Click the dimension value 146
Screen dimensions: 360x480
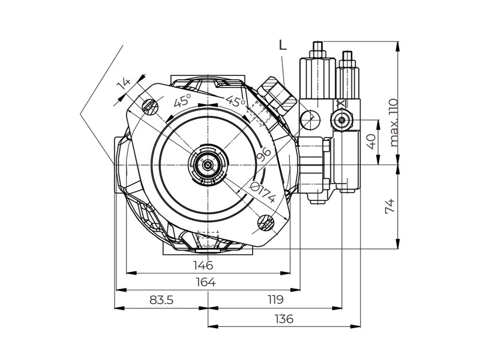[203, 265]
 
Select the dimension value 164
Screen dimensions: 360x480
[205, 282]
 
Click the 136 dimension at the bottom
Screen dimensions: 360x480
[284, 319]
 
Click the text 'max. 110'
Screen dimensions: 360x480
[394, 122]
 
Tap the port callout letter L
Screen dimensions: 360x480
[283, 45]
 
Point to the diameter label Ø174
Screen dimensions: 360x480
[262, 192]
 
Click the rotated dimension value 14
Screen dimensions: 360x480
[124, 84]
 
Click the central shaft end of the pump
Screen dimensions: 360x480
[208, 164]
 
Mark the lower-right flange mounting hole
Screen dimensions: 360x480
[265, 223]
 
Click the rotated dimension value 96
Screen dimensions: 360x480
[263, 155]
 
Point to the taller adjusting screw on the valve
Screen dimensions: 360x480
[318, 48]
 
